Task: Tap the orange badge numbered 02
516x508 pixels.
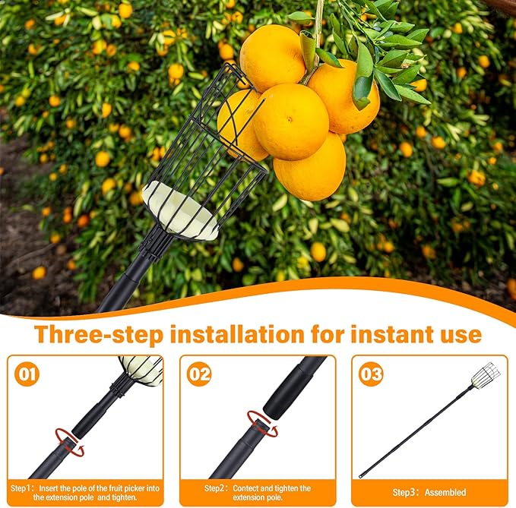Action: pyautogui.click(x=199, y=374)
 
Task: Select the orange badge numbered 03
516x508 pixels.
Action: pyautogui.click(x=371, y=374)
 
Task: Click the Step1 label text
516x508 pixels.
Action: pyautogui.click(x=21, y=487)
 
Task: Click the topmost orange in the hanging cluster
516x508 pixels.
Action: pyautogui.click(x=273, y=58)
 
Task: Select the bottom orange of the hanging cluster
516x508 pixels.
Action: pyautogui.click(x=309, y=168)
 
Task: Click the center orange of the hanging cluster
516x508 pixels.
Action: pyautogui.click(x=291, y=121)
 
